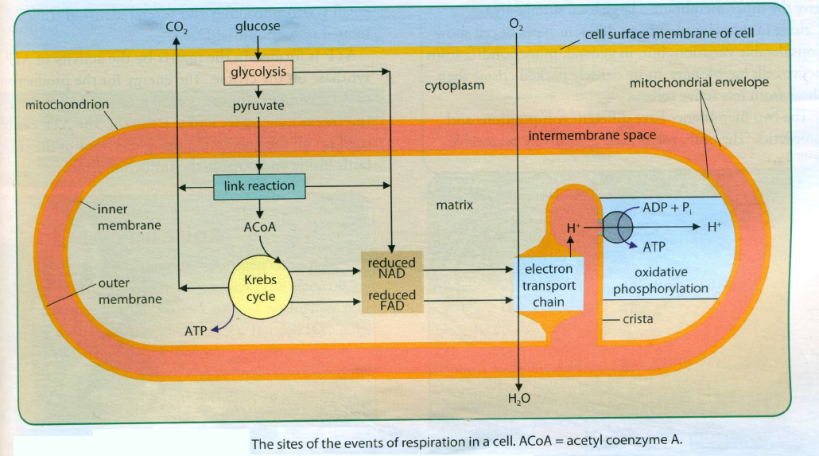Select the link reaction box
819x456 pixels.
(x=259, y=186)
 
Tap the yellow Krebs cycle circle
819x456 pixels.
(x=260, y=288)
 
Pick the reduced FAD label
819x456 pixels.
(x=391, y=300)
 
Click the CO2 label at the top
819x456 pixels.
(x=176, y=28)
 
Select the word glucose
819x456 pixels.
(x=258, y=26)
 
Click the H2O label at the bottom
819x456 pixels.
(x=518, y=399)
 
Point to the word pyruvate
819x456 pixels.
(x=258, y=106)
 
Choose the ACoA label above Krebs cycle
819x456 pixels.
(x=259, y=227)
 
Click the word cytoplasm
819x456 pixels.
(x=454, y=84)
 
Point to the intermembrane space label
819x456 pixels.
(x=592, y=135)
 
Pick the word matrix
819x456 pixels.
(x=454, y=205)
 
